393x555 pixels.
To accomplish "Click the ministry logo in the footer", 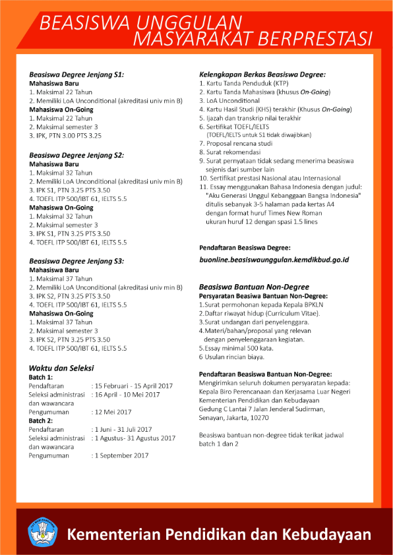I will pos(42,533).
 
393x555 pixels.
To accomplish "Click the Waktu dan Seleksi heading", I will pos(61,367).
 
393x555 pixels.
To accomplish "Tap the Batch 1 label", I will pos(41,376).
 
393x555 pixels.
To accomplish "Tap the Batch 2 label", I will pos(41,420).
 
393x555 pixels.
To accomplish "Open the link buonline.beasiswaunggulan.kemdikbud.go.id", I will pos(274,260).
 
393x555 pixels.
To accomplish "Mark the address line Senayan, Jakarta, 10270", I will pos(243,418).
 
